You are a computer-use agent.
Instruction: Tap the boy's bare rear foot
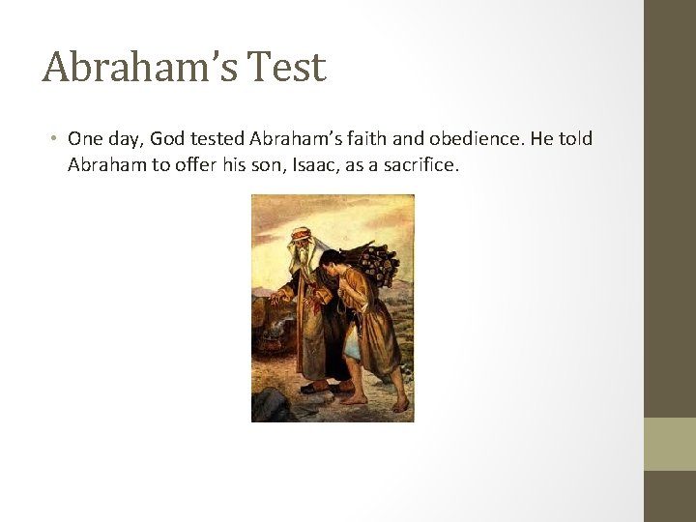click(x=399, y=403)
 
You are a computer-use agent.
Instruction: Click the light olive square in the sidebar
click(x=670, y=444)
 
